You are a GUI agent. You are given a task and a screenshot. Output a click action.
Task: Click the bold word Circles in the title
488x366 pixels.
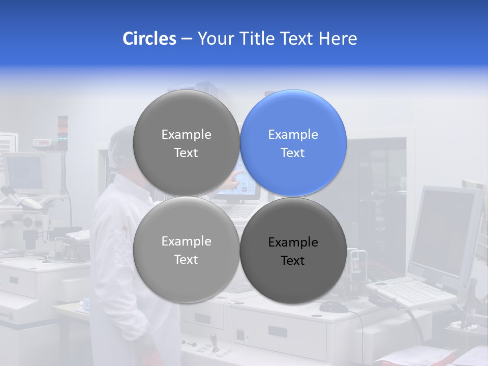pos(149,39)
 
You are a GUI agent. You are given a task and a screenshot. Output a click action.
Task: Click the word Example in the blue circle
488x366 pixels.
pos(293,135)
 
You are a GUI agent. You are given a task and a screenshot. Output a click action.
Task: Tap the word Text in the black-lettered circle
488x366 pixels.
pos(293,261)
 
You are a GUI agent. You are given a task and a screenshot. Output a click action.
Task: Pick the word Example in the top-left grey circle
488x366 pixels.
pos(186,135)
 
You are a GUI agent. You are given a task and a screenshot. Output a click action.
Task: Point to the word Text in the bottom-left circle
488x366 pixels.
pos(186,260)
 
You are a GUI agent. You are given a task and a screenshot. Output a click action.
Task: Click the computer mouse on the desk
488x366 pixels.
pos(333,307)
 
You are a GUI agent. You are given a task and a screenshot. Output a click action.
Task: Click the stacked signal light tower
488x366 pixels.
pos(63,132)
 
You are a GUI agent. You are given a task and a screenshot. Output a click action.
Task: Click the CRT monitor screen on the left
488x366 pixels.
pos(24,173)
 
